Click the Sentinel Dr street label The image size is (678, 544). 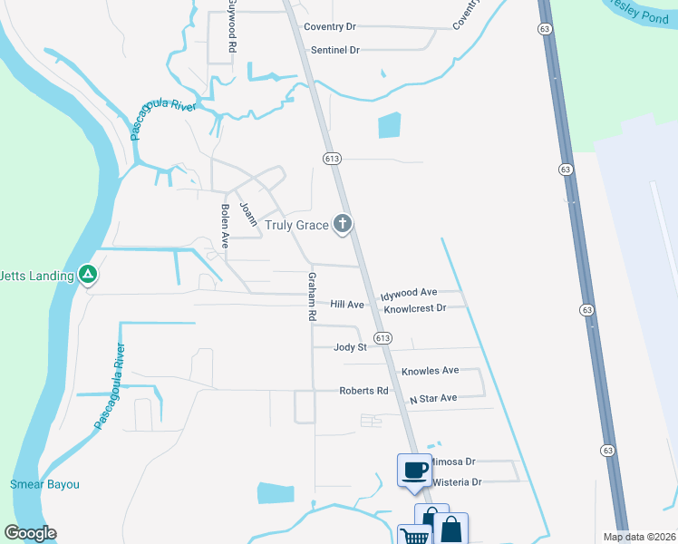click(x=335, y=50)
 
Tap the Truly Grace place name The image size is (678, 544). click(x=296, y=225)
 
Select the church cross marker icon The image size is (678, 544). click(x=343, y=223)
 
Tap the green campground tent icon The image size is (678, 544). click(x=88, y=272)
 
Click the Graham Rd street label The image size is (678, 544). click(x=311, y=296)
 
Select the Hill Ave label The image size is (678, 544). click(x=347, y=305)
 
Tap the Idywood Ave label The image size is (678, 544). click(x=408, y=293)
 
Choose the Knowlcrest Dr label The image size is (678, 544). click(x=415, y=308)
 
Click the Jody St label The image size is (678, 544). click(x=350, y=347)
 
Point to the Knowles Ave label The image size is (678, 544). click(x=431, y=371)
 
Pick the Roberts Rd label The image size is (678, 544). click(x=363, y=391)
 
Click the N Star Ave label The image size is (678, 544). click(x=433, y=398)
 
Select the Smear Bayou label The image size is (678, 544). click(x=44, y=484)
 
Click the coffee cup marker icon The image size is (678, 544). click(x=414, y=471)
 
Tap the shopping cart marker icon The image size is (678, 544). click(x=414, y=537)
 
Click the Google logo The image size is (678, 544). click(x=30, y=533)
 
